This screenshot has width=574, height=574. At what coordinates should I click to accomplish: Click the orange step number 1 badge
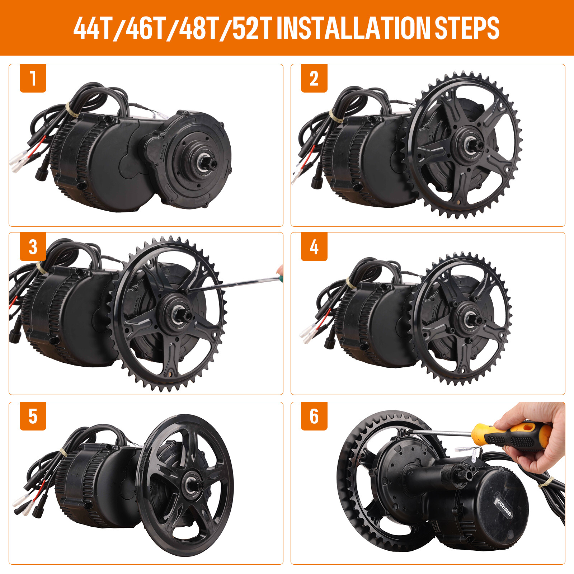33,78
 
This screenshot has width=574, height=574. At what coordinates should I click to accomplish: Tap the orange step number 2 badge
314,78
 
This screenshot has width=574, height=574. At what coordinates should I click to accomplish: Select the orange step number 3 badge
33,247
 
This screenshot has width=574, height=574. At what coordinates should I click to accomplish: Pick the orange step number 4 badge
314,247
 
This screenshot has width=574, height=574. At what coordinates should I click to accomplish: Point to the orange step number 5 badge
33,416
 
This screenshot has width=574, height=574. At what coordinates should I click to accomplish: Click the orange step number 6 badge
314,416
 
